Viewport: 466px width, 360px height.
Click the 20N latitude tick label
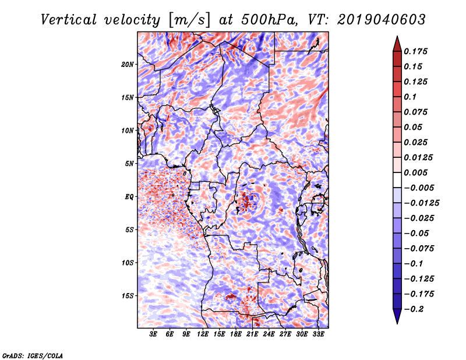click(128, 64)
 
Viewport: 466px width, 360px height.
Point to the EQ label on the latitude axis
click(129, 196)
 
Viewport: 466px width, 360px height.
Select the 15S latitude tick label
click(128, 295)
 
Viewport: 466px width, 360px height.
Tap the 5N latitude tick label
click(129, 163)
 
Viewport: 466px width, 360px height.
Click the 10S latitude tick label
click(128, 263)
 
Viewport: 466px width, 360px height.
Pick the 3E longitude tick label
click(154, 334)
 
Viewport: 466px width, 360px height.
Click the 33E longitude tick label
click(319, 334)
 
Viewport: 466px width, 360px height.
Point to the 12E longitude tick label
click(203, 334)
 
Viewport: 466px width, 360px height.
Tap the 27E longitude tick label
click(285, 334)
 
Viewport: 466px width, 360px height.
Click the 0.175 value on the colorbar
click(416, 51)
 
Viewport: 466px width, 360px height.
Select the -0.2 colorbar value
click(413, 309)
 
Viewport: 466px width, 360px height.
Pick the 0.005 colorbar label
click(416, 172)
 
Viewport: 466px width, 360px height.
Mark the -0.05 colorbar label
click(416, 233)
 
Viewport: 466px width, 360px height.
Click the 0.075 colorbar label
click(416, 112)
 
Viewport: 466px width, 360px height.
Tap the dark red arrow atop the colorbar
click(396, 43)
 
